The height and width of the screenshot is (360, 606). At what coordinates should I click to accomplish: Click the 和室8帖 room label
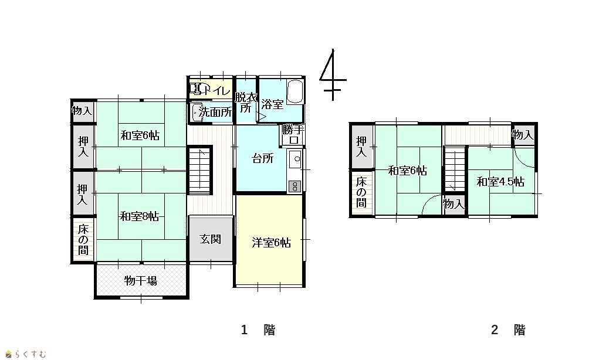coord(140,216)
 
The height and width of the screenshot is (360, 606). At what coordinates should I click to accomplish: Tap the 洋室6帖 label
coord(271,243)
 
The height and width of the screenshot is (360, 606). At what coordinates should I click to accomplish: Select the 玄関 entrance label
coord(211,239)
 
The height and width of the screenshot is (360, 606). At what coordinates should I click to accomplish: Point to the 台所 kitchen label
coord(263,158)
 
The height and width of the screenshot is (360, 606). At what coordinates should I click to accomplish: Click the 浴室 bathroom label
coord(272,104)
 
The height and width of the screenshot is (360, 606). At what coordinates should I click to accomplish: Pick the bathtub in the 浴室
coord(295,91)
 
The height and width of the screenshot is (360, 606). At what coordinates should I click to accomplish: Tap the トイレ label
coord(216,91)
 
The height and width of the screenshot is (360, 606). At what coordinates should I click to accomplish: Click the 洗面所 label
coord(215,113)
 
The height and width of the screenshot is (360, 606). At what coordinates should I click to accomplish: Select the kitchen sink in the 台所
coord(296,159)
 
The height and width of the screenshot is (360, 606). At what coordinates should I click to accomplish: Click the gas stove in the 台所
coord(294,186)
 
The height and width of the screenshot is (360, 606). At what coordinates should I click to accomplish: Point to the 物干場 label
coord(141,280)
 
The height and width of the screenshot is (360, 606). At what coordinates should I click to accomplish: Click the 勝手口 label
coord(293,134)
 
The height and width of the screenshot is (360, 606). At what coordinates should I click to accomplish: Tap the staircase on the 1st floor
coord(199,170)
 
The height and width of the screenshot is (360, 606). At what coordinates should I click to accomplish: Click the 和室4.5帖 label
coord(500,182)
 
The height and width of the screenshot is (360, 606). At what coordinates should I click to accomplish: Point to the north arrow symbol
coord(333,74)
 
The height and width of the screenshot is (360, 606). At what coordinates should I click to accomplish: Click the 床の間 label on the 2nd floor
coord(361,192)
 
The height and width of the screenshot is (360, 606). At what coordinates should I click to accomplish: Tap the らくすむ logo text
coord(31,354)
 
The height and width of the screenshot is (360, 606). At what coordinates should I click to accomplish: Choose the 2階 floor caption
coord(508,330)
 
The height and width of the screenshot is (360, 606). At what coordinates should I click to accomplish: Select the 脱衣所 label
coord(246,103)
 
